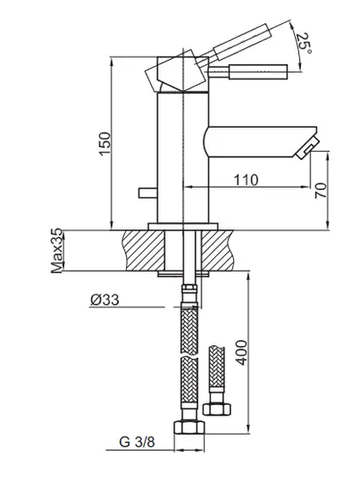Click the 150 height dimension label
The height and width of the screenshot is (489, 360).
pos(105,143)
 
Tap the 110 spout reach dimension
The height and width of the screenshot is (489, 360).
pos(246,180)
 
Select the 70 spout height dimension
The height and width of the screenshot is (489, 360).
pos(321,191)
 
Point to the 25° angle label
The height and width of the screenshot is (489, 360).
pos(303,43)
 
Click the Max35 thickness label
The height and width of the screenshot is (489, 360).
pos(57,252)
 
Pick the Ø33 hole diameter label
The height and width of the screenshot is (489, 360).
pos(105,300)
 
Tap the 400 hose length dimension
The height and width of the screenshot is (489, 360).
pos(241,352)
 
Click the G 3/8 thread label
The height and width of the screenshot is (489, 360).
pos(137,442)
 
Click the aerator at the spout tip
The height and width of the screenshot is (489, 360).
pos(307,147)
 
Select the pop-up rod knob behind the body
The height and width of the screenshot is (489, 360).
pos(147,193)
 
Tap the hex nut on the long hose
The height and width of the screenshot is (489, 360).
pos(189,427)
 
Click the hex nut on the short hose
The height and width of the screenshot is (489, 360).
pos(218,408)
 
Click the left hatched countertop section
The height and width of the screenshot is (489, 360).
pos(144,250)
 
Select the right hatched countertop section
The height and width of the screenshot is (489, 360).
pos(218,250)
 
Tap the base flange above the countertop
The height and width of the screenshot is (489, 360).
pos(183,226)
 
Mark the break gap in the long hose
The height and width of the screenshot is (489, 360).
pos(189,355)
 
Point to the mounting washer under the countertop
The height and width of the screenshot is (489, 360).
pos(183,273)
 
